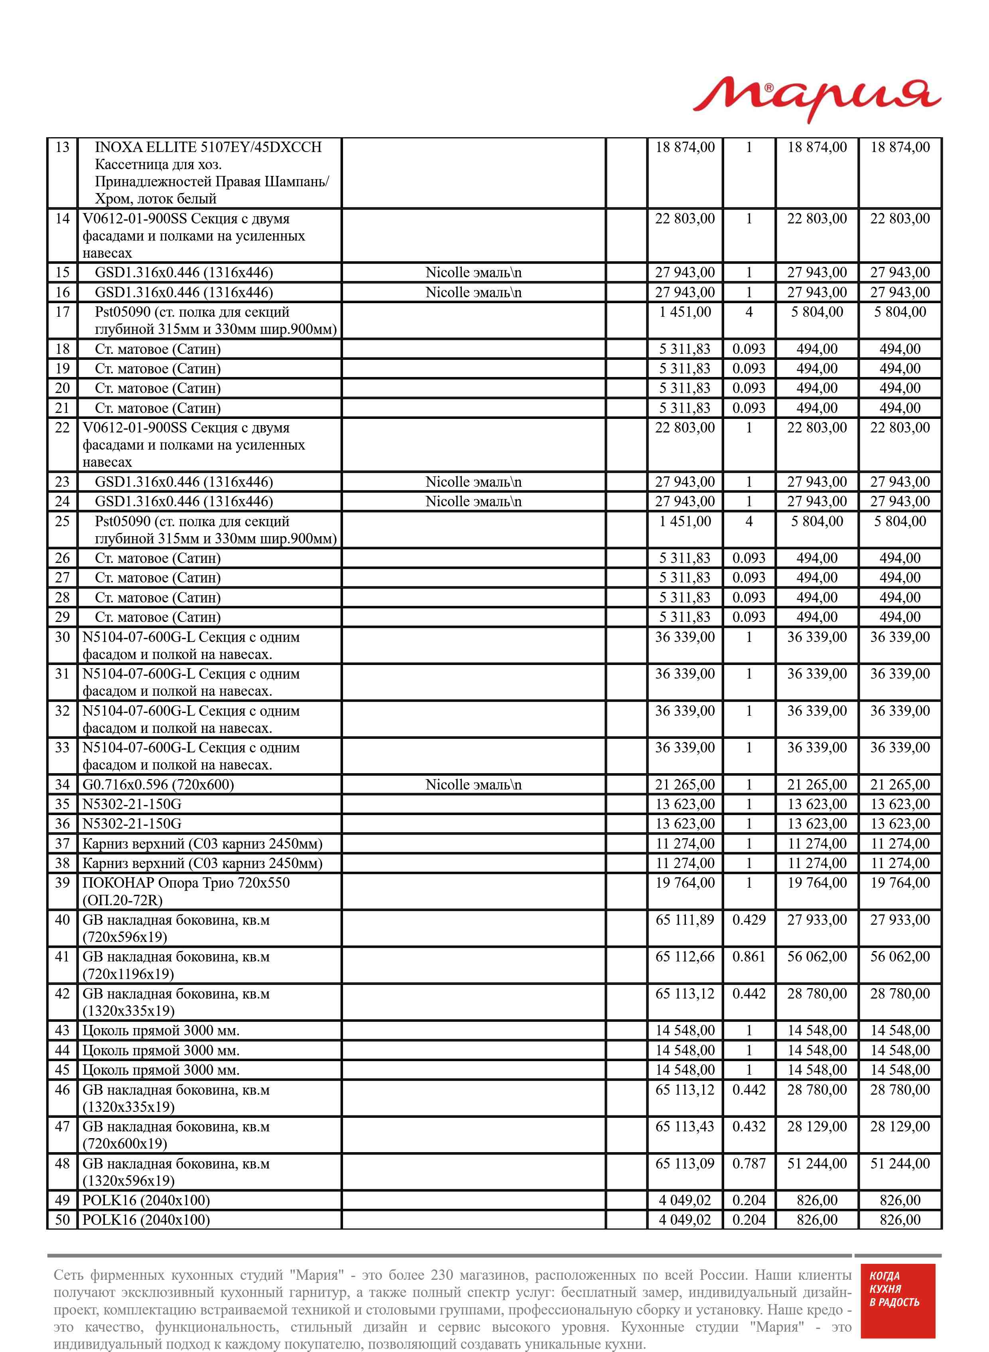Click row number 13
pyautogui.click(x=62, y=147)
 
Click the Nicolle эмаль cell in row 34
pyautogui.click(x=473, y=785)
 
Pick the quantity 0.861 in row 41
pyautogui.click(x=749, y=957)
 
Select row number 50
pyautogui.click(x=62, y=1220)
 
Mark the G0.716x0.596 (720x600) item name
pyautogui.click(x=158, y=785)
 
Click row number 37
pyautogui.click(x=62, y=844)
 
